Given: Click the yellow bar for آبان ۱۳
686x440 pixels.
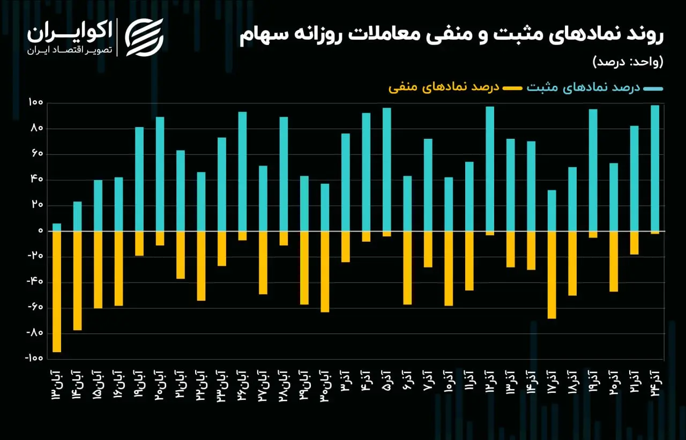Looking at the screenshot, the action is click(57, 292).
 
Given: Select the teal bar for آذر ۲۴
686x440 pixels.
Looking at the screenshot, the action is click(655, 168).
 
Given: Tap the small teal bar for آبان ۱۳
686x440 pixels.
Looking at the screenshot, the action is click(57, 227).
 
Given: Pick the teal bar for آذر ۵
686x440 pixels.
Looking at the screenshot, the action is click(387, 169).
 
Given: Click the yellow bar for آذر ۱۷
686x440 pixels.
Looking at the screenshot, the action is click(552, 275).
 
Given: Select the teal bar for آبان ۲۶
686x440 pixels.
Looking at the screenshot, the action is click(243, 171).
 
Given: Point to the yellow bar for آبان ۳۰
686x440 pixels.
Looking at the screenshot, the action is click(325, 272).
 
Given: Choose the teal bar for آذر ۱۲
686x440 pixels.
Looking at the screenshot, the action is click(490, 169).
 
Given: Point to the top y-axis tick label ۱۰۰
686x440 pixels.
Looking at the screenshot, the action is click(36, 102).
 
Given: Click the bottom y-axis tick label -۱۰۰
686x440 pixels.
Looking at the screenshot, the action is click(34, 358).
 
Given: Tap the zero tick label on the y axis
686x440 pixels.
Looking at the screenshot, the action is click(41, 230).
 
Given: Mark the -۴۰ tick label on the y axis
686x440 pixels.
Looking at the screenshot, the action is click(35, 281).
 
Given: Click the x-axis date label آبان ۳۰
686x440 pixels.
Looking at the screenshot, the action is click(325, 385).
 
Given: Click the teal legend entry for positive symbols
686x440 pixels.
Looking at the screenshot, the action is click(595, 88).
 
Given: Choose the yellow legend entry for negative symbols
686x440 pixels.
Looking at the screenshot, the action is click(455, 88).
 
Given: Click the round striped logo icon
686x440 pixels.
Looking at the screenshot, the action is click(144, 38).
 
